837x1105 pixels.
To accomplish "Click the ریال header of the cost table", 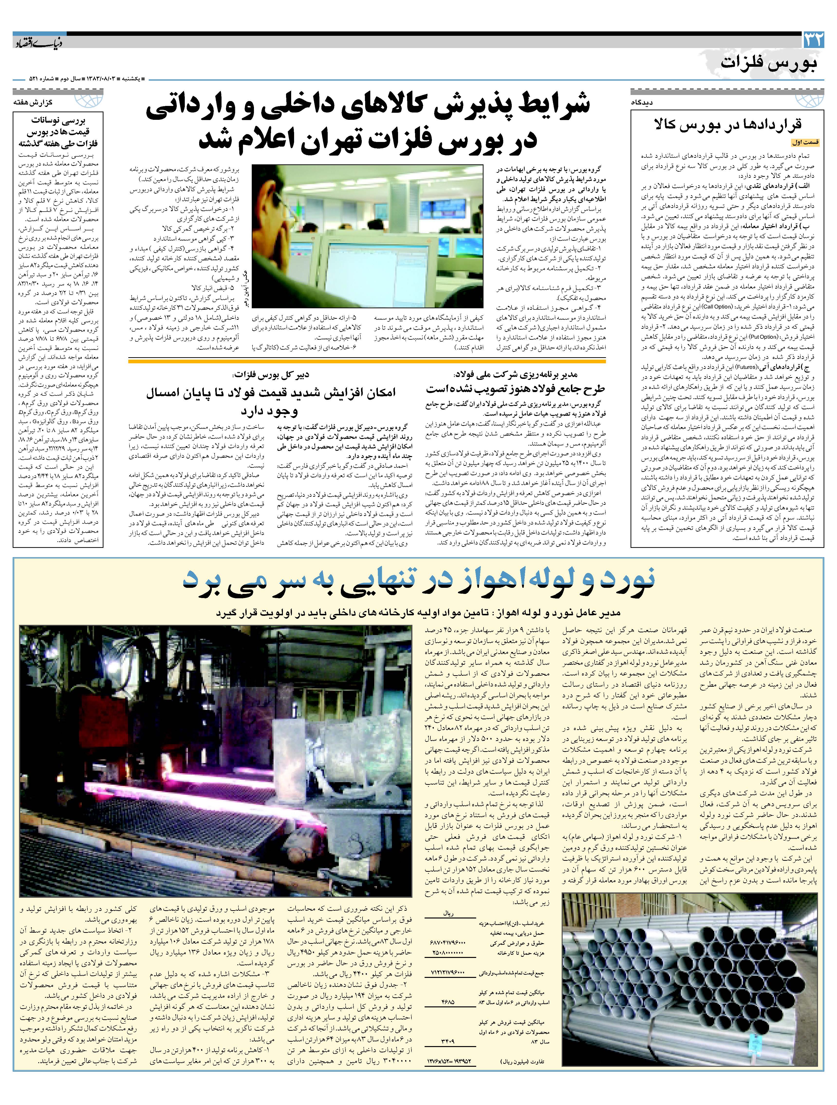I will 448,913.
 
